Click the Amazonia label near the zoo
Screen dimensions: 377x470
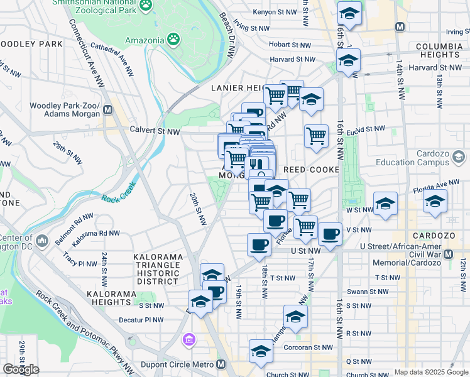[144, 41]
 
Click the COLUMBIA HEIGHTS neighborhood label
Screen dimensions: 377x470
[439, 51]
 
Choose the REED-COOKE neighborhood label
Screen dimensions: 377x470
[311, 170]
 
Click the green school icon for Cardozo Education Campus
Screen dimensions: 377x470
[458, 156]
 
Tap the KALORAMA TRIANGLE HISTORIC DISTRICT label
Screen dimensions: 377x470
[158, 269]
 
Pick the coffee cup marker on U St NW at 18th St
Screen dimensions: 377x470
[259, 244]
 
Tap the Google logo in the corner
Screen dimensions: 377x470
[21, 369]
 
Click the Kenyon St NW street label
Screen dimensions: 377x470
[275, 12]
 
